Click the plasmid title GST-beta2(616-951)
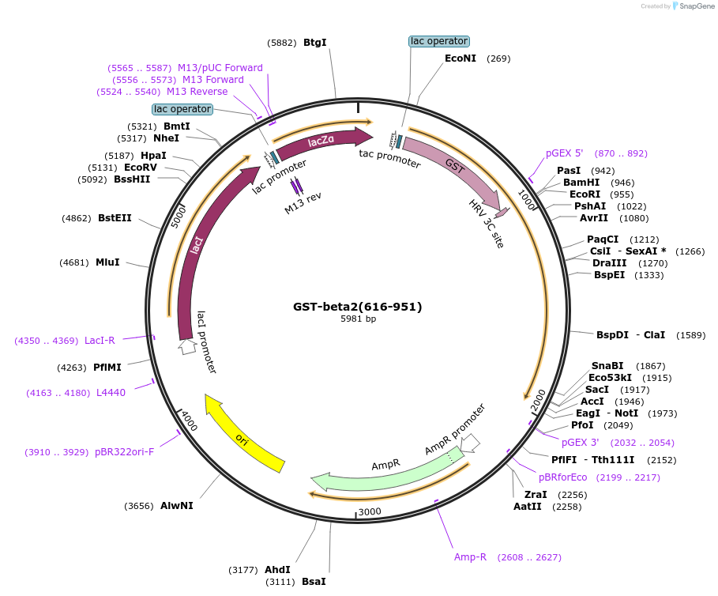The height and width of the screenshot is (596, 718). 358,307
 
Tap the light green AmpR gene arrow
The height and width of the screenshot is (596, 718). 387,471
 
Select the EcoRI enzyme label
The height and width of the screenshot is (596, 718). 585,194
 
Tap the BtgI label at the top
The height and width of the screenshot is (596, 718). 314,43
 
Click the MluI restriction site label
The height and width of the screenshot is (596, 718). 107,262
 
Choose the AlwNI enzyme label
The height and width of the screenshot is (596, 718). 176,505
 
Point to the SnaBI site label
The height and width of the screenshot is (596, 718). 607,366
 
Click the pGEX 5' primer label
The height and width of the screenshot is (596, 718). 564,153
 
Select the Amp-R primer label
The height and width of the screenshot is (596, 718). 469,557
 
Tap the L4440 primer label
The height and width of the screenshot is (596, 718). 111,392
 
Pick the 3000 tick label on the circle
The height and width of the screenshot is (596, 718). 370,511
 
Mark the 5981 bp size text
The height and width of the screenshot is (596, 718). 358,319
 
